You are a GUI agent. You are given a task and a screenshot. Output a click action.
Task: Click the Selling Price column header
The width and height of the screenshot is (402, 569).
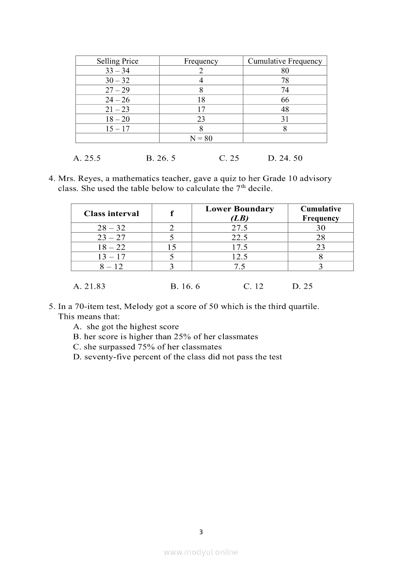[x=117, y=61]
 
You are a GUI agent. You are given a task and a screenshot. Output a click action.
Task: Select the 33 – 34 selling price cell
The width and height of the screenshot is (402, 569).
[x=117, y=71]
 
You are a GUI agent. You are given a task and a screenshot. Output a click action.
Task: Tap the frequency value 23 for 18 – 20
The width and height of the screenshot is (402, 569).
[x=201, y=119]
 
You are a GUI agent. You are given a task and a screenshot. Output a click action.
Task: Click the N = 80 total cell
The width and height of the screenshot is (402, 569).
[x=201, y=138]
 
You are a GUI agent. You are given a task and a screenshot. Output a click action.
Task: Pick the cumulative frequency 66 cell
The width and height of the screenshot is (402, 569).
[x=285, y=100]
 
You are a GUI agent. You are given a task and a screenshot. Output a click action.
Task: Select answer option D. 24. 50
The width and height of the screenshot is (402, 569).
[x=285, y=158]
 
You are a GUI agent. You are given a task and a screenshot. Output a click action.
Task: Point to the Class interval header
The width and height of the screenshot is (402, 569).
[x=111, y=213]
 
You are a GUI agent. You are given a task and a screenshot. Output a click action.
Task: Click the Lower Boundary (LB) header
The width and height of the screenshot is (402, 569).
[x=239, y=213]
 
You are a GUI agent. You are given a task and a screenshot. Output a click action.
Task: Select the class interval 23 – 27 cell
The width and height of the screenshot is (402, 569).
[x=111, y=238]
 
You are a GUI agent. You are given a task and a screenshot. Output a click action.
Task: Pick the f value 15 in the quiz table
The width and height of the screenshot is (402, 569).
[x=171, y=247]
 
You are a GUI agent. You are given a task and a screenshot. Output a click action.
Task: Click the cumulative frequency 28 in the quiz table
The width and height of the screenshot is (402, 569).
[x=320, y=238]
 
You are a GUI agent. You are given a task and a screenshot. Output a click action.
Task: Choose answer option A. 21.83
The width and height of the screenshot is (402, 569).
[x=89, y=286]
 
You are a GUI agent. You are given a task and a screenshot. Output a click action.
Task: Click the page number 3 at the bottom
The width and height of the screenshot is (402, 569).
[x=201, y=532]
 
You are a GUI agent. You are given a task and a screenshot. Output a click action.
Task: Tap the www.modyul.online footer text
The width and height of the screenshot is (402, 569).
[x=201, y=552]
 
